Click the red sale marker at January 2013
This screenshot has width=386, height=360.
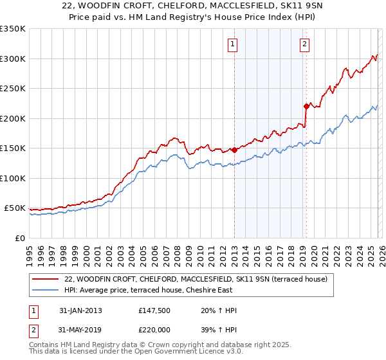[x=234, y=150]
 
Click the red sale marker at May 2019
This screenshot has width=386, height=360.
[x=306, y=107]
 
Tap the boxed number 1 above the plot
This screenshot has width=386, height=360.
[x=232, y=44]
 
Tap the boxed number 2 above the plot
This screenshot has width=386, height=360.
[x=304, y=44]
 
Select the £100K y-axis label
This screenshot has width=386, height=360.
[x=13, y=178]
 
